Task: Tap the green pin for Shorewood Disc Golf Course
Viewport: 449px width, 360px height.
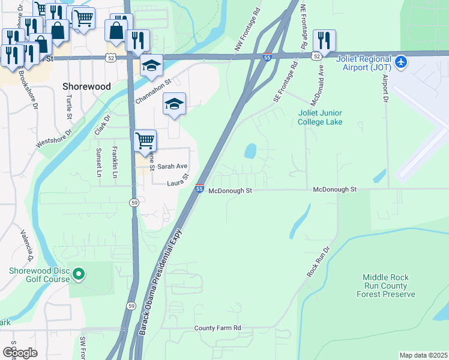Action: tap(78, 275)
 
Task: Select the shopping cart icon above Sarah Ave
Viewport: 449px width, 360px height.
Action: tap(145, 142)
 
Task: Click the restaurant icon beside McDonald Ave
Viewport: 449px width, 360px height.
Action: tap(324, 41)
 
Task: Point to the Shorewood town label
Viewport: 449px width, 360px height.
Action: tap(87, 86)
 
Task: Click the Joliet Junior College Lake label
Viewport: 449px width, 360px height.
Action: tap(321, 118)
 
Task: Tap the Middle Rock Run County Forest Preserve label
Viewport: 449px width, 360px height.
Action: tap(385, 286)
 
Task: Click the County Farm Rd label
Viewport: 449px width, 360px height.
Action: tap(217, 328)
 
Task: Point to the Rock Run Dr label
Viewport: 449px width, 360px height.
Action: tap(319, 262)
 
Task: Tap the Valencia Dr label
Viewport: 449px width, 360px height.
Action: tap(26, 245)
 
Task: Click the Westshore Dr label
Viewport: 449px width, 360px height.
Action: tap(53, 138)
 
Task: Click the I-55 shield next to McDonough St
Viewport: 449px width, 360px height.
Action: tap(199, 189)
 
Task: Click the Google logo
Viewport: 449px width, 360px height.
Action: tap(20, 353)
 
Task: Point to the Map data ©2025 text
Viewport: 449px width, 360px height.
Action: tap(423, 355)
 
